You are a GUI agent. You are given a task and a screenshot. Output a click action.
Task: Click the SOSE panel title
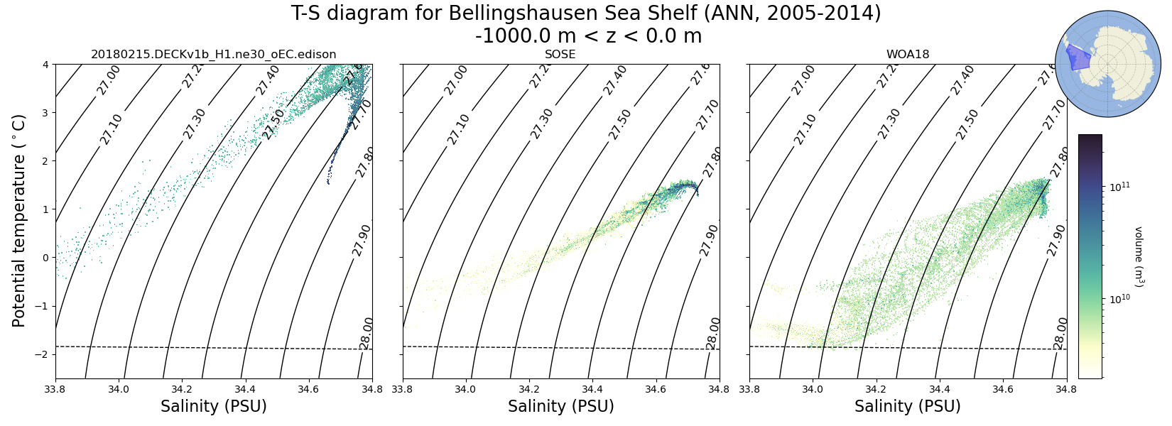pos(560,55)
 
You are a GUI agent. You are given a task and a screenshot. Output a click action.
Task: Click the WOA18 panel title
pos(907,55)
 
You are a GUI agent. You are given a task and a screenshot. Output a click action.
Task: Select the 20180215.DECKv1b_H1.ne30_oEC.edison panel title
pos(214,55)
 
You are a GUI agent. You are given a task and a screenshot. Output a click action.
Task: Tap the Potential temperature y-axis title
pos(19,220)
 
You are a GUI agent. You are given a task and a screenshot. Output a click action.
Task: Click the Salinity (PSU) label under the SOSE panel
pos(560,407)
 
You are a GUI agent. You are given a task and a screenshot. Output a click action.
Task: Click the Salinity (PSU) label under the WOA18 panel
pos(907,407)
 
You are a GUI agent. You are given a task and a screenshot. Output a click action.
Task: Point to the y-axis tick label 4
pos(45,65)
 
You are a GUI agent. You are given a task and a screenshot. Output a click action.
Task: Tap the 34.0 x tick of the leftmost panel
pos(119,389)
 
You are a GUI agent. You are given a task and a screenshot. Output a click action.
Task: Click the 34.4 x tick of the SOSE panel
pos(592,389)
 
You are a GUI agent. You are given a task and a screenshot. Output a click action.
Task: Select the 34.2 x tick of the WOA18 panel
pos(876,389)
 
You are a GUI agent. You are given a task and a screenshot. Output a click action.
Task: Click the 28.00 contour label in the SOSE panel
pos(714,333)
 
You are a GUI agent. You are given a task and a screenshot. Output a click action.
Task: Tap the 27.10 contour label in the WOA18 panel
pos(805,129)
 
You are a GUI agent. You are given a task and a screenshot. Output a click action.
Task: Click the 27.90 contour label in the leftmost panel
pos(362,240)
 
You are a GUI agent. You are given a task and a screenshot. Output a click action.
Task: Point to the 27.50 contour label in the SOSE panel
pos(620,124)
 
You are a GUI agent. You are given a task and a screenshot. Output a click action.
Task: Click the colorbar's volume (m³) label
pos(1137,256)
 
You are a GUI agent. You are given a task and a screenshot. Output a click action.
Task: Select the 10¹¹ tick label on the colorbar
pos(1119,187)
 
